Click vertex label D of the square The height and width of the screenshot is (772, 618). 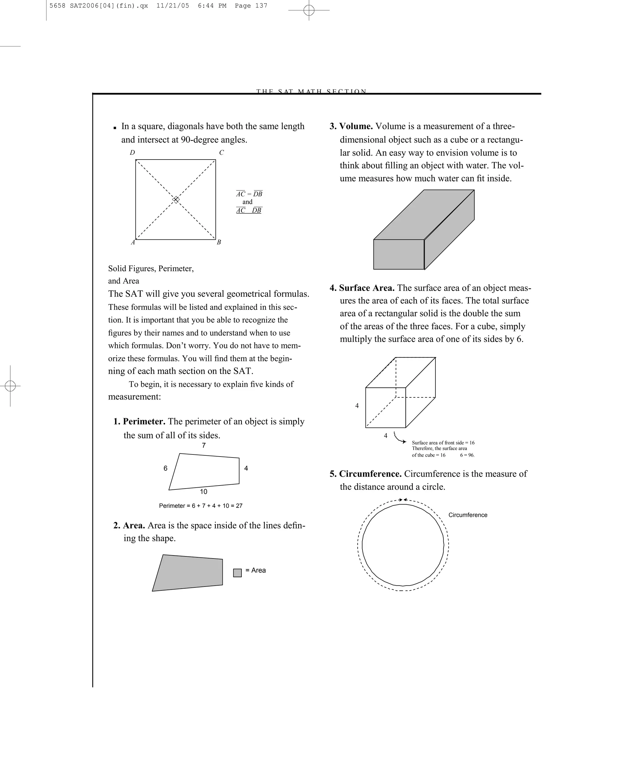point(132,153)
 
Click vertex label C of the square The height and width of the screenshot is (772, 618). point(221,153)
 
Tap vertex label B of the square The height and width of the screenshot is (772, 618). point(219,242)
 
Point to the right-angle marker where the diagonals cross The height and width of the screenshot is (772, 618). point(176,199)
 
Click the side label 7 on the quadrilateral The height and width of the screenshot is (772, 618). point(204,445)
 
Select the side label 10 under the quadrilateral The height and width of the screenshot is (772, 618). point(203,492)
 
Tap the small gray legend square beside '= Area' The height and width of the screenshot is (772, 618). point(237,573)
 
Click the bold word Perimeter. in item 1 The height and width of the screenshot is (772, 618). point(144,422)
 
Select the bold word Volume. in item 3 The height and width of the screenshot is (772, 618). point(356,126)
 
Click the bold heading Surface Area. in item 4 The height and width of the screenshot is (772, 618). point(367,288)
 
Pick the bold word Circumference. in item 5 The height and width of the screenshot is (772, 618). point(370,474)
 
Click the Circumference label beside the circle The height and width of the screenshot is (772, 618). point(467,515)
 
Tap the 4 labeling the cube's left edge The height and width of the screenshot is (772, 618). point(357,406)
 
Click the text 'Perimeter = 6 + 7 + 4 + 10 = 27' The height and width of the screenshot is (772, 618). point(201,506)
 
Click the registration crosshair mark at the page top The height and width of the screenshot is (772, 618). point(309,10)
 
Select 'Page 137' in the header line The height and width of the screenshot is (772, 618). point(251,6)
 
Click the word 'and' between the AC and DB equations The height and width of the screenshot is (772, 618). point(247,202)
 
